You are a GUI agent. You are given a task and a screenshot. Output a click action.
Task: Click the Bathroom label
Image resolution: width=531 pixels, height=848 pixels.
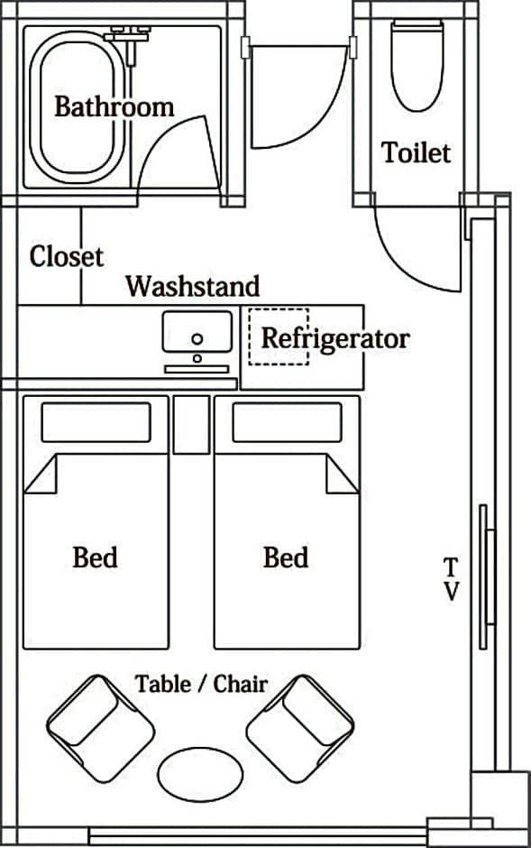(x=114, y=106)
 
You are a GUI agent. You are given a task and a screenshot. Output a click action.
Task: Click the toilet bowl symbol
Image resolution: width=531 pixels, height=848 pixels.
(x=417, y=65)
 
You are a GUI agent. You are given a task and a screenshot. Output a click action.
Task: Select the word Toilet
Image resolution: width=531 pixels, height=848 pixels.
(x=416, y=152)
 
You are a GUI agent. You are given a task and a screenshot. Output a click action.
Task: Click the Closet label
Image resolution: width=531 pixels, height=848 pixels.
(x=66, y=256)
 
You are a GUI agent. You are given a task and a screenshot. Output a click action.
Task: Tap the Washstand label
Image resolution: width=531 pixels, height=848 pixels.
(x=193, y=286)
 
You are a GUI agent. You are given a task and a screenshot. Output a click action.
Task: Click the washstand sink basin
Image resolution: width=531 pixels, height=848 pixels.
(x=197, y=331)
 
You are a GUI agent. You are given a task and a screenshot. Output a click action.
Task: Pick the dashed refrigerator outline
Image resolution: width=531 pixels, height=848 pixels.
(x=279, y=336)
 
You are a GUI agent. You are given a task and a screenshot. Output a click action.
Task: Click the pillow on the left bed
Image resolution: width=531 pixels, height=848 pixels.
(x=96, y=422)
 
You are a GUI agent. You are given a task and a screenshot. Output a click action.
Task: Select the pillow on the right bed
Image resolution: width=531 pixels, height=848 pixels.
(x=287, y=422)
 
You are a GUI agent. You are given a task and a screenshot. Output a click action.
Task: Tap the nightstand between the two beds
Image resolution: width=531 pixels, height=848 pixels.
(x=191, y=425)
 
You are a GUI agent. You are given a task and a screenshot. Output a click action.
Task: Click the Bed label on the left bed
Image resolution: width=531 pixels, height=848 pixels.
(x=95, y=557)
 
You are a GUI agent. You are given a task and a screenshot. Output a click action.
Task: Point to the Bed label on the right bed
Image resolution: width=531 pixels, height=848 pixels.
(x=286, y=557)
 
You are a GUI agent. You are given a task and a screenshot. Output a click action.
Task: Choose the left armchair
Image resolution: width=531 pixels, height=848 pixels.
(x=100, y=729)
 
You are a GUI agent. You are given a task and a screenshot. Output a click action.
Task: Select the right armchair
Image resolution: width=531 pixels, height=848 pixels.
(x=300, y=729)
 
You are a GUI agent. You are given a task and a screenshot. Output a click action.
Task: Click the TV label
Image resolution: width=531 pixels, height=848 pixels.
(x=451, y=579)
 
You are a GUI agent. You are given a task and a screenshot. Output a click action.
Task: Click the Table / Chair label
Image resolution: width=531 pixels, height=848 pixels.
(x=201, y=684)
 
